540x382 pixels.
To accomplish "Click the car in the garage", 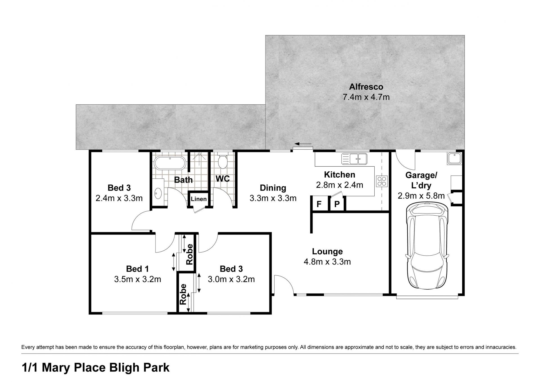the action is click(427, 246).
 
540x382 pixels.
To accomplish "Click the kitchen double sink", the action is click(354, 159).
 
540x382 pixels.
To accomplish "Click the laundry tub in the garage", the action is click(454, 158).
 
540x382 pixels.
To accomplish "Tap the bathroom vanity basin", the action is click(158, 193).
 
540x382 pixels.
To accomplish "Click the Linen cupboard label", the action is click(199, 199).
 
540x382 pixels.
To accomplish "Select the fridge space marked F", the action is click(319, 204).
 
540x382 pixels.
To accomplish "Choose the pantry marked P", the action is click(337, 204).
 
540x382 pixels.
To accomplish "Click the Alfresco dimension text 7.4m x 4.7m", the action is click(366, 97).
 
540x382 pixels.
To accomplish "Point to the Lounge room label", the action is click(327, 251).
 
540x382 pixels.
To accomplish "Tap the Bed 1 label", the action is click(138, 269).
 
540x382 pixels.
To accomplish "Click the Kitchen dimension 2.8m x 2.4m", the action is click(339, 185).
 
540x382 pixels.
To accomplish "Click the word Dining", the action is click(273, 188).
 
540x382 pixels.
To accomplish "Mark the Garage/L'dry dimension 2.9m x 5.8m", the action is click(421, 196).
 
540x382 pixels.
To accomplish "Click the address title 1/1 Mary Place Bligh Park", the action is click(96, 368).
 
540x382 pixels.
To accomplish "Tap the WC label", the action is click(223, 178).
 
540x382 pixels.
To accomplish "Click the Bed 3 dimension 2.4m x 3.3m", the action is click(119, 198).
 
